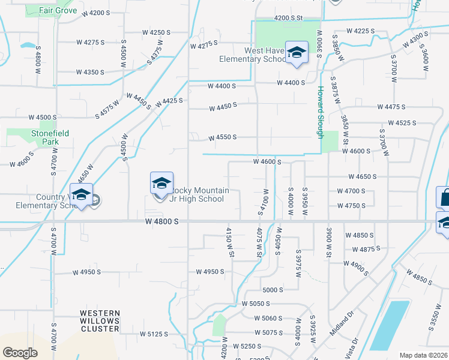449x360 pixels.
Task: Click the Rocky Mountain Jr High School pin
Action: tap(161, 184)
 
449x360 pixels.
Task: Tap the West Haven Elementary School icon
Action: tap(296, 53)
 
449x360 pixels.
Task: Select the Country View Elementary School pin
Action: tap(81, 195)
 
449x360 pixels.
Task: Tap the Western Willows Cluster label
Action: tap(100, 321)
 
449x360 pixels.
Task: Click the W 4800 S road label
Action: tap(162, 221)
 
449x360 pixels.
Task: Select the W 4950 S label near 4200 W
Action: tap(209, 272)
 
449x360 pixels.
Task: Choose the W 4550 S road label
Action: tap(222, 138)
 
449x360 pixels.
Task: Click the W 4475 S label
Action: tap(391, 107)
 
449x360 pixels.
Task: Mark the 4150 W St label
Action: tap(229, 242)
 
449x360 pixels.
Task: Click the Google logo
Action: tap(20, 353)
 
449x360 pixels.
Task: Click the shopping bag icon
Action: tap(444, 197)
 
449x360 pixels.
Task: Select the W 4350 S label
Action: tap(90, 72)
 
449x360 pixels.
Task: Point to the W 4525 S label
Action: tap(402, 123)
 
